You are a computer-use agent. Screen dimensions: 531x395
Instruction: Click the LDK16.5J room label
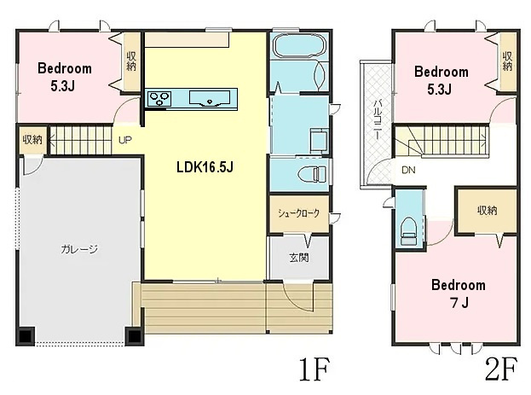point(205,167)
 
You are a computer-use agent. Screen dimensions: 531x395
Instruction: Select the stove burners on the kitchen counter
point(159,99)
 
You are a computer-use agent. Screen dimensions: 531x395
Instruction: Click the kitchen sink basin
point(210,98)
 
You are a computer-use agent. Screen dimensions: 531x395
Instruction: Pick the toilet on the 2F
point(409,231)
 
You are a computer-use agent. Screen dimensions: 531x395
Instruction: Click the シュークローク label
point(298,213)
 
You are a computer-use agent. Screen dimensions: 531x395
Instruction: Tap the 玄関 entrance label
point(299,258)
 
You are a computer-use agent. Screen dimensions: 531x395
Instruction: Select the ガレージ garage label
point(79,249)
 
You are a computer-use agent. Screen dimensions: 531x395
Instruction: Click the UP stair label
point(125,140)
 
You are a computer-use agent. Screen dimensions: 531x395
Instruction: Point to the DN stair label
point(408,170)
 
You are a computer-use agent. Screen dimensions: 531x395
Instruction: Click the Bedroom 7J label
point(459,293)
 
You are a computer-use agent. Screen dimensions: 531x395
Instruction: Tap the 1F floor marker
point(314,369)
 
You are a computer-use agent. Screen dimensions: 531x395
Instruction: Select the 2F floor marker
point(501,369)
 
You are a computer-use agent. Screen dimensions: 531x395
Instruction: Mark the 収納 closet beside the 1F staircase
point(32,139)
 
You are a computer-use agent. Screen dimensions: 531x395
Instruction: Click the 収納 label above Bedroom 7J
point(488,211)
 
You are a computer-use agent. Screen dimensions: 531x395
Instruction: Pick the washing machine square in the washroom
point(319,139)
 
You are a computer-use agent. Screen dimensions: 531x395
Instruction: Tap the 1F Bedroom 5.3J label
point(64,77)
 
